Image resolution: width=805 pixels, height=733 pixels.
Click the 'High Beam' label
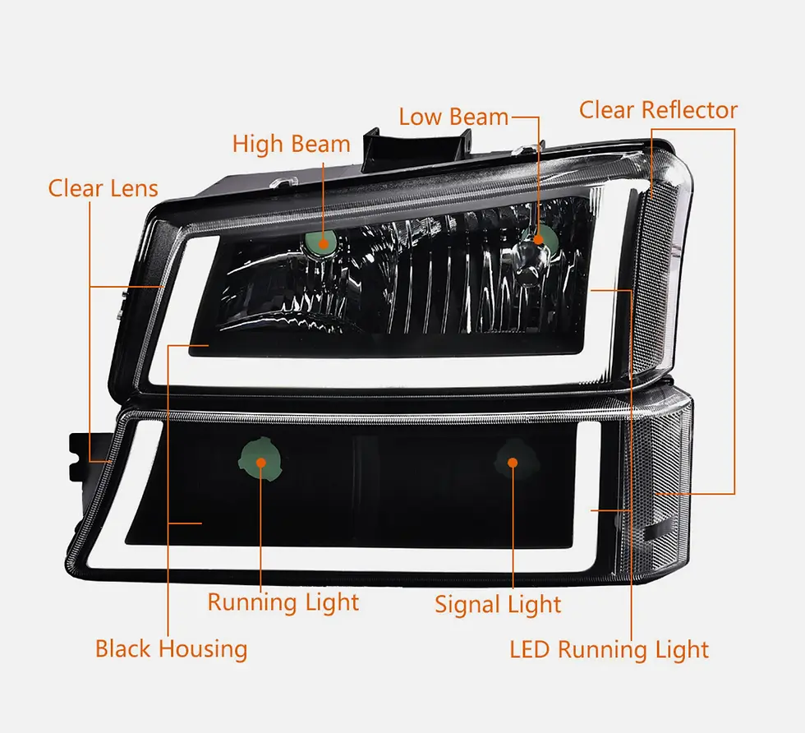click(291, 145)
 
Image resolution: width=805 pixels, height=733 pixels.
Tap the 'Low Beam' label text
click(453, 117)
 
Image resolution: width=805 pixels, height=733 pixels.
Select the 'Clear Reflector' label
click(658, 110)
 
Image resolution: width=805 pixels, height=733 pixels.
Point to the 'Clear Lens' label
click(103, 188)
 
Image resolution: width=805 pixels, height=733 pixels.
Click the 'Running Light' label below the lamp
click(283, 602)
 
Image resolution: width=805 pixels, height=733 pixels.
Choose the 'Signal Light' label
click(498, 606)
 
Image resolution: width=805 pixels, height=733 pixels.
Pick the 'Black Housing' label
click(171, 648)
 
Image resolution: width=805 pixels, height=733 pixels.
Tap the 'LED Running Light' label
click(609, 650)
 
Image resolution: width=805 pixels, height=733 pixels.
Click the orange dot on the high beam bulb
click(324, 242)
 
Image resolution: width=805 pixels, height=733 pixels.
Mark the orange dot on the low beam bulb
click(539, 239)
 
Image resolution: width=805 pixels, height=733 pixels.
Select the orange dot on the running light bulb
click(261, 462)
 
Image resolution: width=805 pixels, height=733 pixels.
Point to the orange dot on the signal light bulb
click(512, 462)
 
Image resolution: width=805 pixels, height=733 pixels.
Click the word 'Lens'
click(134, 188)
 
